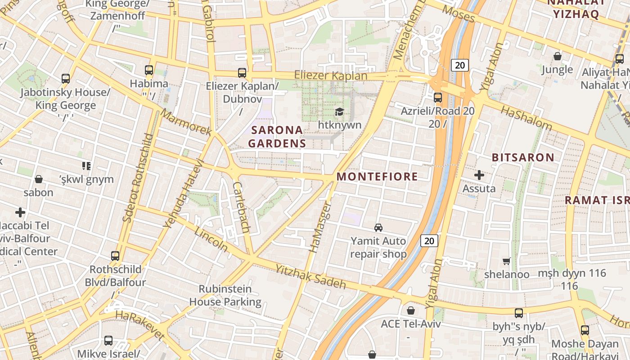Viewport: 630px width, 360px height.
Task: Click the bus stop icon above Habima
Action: tap(149, 70)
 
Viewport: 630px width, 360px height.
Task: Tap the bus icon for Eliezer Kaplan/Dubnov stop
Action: tap(242, 72)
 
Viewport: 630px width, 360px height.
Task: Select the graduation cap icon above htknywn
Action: tap(339, 111)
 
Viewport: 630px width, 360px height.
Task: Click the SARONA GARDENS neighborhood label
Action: tap(277, 137)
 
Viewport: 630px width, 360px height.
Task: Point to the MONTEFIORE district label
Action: tap(377, 176)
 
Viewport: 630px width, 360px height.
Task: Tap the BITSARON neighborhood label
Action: tap(522, 157)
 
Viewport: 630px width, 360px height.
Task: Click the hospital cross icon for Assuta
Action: tap(479, 175)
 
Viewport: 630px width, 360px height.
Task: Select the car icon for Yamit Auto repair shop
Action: tap(378, 228)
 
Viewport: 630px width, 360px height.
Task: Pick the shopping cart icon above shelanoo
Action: tap(507, 261)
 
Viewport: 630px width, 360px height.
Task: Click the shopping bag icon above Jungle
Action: tap(557, 56)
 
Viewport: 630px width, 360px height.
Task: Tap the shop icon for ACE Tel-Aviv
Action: tap(410, 310)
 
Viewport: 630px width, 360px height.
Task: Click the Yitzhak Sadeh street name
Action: tap(310, 275)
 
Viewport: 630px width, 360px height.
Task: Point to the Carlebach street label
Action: tap(241, 207)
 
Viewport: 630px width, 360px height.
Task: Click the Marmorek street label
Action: tap(186, 122)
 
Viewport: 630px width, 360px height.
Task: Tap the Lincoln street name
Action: tap(211, 239)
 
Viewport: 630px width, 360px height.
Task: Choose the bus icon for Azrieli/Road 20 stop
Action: tap(437, 97)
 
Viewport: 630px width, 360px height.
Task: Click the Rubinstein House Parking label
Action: tap(225, 295)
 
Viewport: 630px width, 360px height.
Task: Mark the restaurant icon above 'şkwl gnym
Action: tap(86, 166)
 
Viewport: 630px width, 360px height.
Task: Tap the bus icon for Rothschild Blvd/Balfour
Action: tap(115, 256)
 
